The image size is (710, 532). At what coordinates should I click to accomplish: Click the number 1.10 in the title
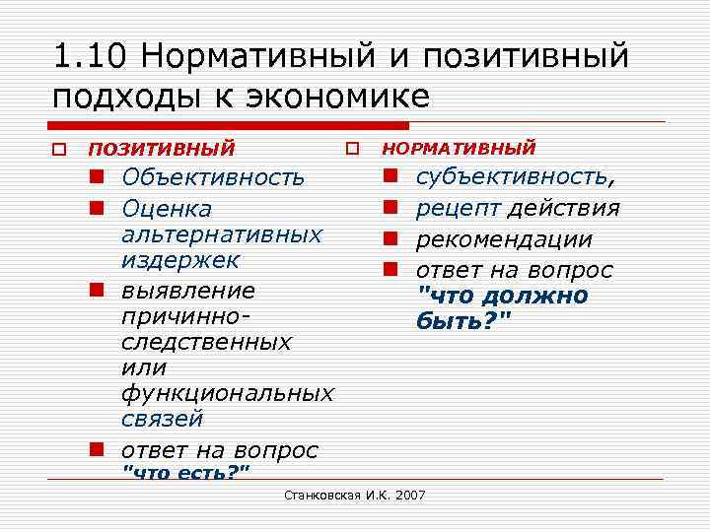(91, 57)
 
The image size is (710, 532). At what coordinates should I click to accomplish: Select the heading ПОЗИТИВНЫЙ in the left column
(162, 150)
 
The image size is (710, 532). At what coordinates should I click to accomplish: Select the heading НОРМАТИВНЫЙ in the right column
(459, 148)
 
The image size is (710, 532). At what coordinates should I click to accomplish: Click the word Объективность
(213, 177)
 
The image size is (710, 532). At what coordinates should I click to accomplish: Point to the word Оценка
(167, 209)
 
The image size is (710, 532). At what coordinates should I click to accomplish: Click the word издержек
(180, 261)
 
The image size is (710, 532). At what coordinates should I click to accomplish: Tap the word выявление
(188, 292)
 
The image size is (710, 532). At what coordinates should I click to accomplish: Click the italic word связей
(162, 419)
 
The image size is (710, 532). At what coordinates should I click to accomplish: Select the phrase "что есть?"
(184, 473)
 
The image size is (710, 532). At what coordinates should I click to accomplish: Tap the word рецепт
(459, 208)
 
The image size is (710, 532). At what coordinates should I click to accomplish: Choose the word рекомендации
(504, 239)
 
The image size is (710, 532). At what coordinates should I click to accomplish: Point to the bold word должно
(538, 297)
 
